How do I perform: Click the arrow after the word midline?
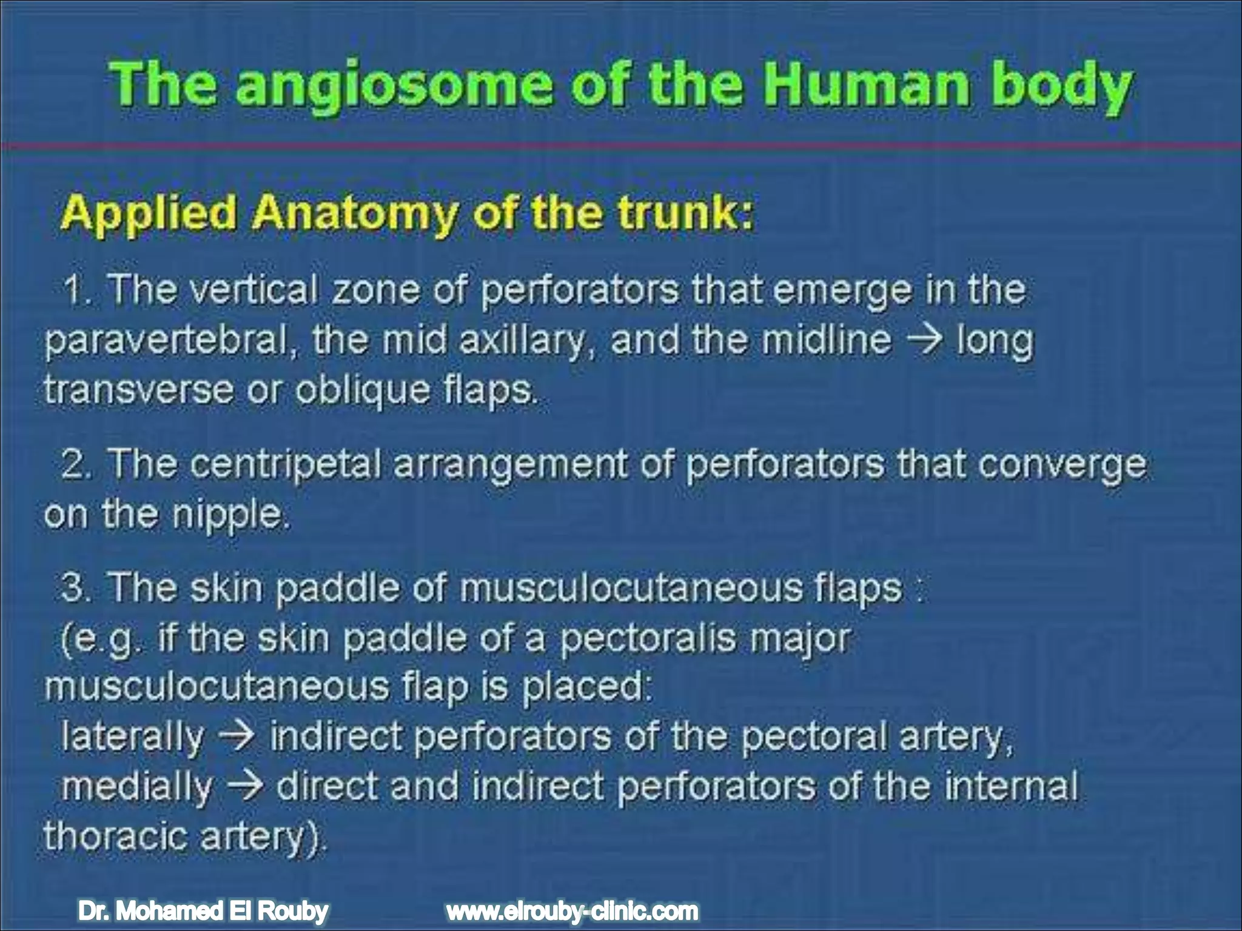click(x=924, y=341)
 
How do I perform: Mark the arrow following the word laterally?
click(x=237, y=737)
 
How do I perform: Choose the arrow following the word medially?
click(x=244, y=787)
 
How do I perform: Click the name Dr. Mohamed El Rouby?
click(x=203, y=911)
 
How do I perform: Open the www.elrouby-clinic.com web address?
click(x=572, y=911)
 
